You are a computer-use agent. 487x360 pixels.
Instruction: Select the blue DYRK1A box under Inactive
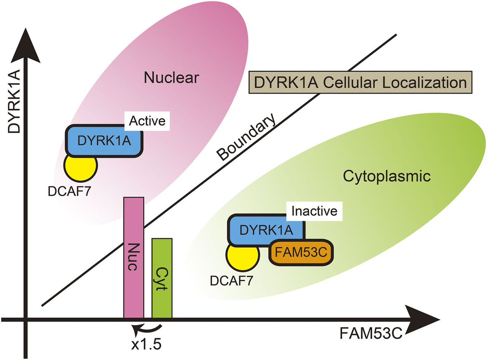266,230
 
